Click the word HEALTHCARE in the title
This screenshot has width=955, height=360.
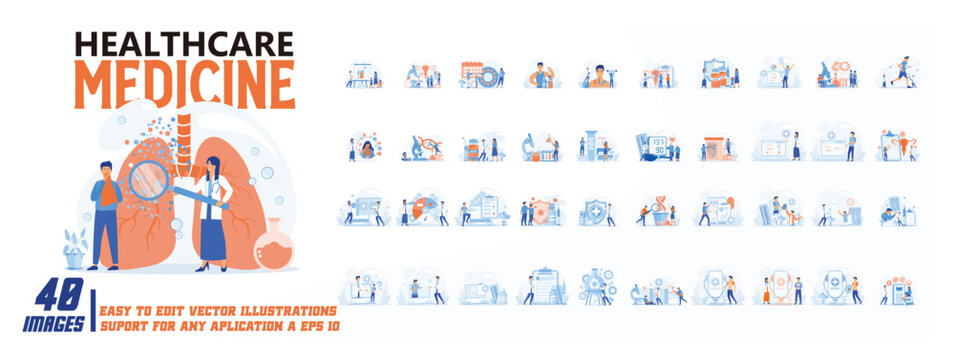(x=184, y=44)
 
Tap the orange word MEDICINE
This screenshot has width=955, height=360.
(x=185, y=84)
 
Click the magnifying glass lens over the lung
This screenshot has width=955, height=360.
(x=149, y=180)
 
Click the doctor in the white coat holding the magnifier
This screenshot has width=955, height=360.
(x=213, y=213)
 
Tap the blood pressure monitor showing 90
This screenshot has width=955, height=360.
(x=657, y=146)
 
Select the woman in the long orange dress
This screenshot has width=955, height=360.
(x=767, y=291)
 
